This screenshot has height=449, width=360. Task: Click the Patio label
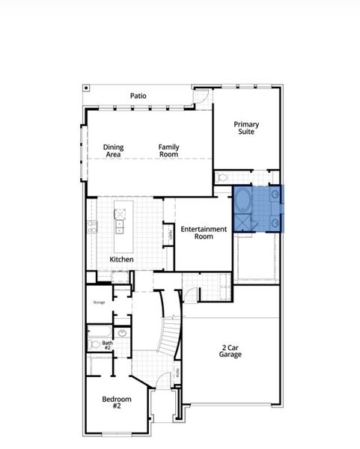(138, 96)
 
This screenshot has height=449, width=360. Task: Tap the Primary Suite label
(246, 128)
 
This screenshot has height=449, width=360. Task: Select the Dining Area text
(114, 151)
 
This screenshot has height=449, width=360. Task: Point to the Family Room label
(168, 151)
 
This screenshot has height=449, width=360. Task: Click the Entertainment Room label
(204, 232)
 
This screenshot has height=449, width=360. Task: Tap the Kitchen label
(122, 260)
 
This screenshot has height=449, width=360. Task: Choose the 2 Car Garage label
(231, 352)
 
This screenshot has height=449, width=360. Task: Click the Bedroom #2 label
(117, 403)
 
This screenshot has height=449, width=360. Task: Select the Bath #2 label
(107, 346)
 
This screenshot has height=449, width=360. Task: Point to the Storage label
(99, 302)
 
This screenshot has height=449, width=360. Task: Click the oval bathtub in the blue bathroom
(243, 201)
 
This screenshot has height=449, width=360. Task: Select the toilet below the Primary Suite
(223, 179)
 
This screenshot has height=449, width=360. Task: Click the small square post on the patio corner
(87, 88)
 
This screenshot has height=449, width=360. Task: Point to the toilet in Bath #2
(94, 345)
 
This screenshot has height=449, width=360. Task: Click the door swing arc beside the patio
(200, 97)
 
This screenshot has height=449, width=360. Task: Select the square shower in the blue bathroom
(245, 222)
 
